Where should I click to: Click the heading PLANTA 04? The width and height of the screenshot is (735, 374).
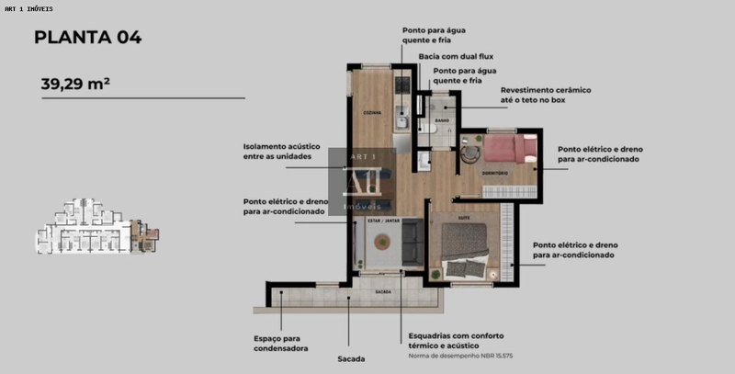pyautogui.click(x=87, y=38)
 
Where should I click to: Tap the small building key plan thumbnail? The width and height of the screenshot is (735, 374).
pyautogui.click(x=96, y=226)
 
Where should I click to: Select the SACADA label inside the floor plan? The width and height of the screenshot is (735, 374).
pyautogui.click(x=383, y=291)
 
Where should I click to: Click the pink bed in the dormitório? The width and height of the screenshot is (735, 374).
pyautogui.click(x=511, y=149)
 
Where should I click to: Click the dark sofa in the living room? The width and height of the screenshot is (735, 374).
pyautogui.click(x=412, y=244)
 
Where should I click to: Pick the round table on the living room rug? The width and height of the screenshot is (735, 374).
pyautogui.click(x=380, y=243)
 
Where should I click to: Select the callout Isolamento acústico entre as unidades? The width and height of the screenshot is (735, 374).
pyautogui.click(x=284, y=151)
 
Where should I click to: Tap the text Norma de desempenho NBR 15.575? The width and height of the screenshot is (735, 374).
pyautogui.click(x=453, y=355)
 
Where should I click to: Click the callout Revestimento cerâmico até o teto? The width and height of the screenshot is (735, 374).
pyautogui.click(x=545, y=95)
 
